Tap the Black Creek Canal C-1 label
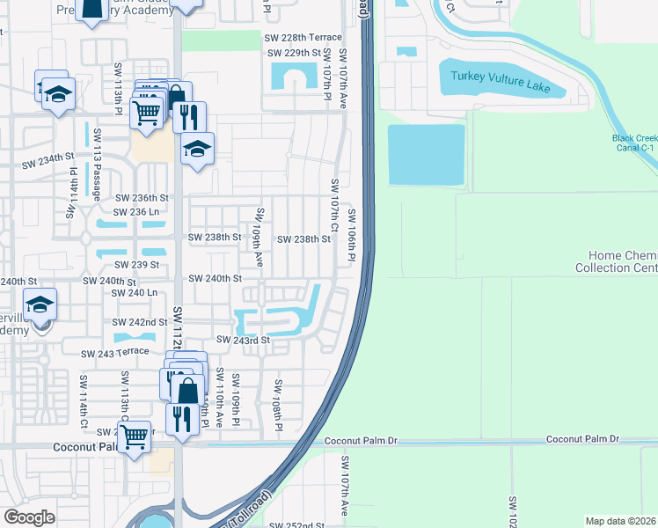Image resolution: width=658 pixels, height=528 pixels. [634, 143]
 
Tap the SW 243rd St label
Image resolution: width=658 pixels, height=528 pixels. [242, 340]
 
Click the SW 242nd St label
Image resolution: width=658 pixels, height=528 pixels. [139, 323]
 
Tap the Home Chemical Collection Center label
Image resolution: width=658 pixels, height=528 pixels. [617, 261]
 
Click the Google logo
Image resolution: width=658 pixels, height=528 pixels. [29, 517]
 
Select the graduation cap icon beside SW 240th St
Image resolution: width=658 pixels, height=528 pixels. [40, 304]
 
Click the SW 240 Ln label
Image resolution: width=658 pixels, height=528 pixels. [135, 292]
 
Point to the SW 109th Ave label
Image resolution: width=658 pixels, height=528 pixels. [259, 238]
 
